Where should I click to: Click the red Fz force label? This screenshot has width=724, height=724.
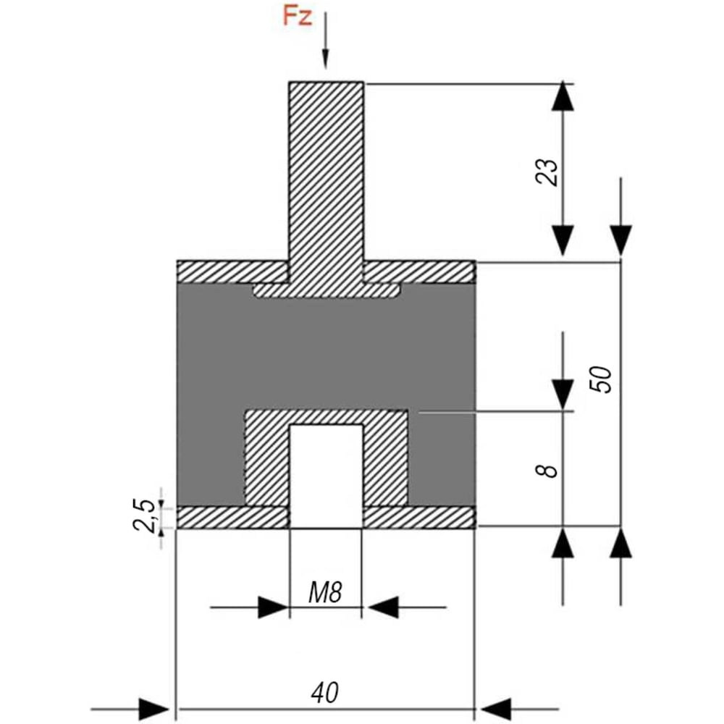[297, 17]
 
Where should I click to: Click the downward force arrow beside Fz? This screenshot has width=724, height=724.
[326, 41]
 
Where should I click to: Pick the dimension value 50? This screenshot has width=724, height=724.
[601, 379]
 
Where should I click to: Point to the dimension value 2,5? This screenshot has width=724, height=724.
[145, 515]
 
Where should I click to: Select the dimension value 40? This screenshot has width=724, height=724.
[325, 693]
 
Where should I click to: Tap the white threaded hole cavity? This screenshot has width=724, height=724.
[326, 476]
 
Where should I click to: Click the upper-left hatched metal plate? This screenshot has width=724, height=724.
[232, 272]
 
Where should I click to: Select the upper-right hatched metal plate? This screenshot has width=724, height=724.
[419, 272]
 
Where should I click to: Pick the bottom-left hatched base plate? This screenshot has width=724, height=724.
[232, 517]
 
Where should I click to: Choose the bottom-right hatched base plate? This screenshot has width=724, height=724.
[419, 517]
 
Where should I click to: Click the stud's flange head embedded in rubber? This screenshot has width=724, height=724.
[326, 290]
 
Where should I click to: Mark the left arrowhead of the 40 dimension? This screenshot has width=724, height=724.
[153, 709]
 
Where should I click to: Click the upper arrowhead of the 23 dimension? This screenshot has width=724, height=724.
[563, 96]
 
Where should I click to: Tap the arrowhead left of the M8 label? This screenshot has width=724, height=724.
[274, 607]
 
